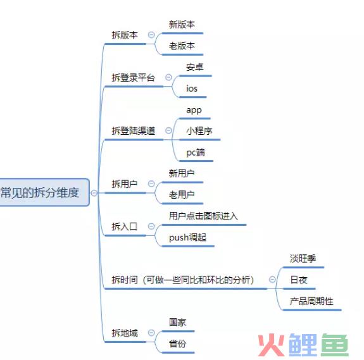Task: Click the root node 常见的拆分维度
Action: click(x=40, y=192)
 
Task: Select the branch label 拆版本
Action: click(x=125, y=35)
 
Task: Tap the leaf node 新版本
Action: click(x=182, y=25)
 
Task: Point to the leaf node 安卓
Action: click(x=195, y=67)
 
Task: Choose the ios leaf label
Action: click(x=192, y=89)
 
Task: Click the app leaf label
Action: click(x=194, y=110)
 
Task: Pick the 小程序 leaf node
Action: click(x=199, y=131)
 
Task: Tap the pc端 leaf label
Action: click(x=196, y=152)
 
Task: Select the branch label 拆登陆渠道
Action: click(x=134, y=131)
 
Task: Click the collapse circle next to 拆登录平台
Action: click(x=168, y=77)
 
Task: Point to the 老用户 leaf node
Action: click(x=182, y=195)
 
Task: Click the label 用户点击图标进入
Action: click(x=203, y=216)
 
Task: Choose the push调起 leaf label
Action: click(x=187, y=237)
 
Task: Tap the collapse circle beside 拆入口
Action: click(x=151, y=226)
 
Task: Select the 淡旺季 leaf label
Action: click(x=303, y=258)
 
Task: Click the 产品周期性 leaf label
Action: click(x=311, y=301)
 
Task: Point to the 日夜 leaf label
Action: click(x=299, y=280)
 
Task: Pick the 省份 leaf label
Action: click(x=178, y=344)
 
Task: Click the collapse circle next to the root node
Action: click(x=94, y=193)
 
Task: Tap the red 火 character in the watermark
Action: click(x=272, y=345)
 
